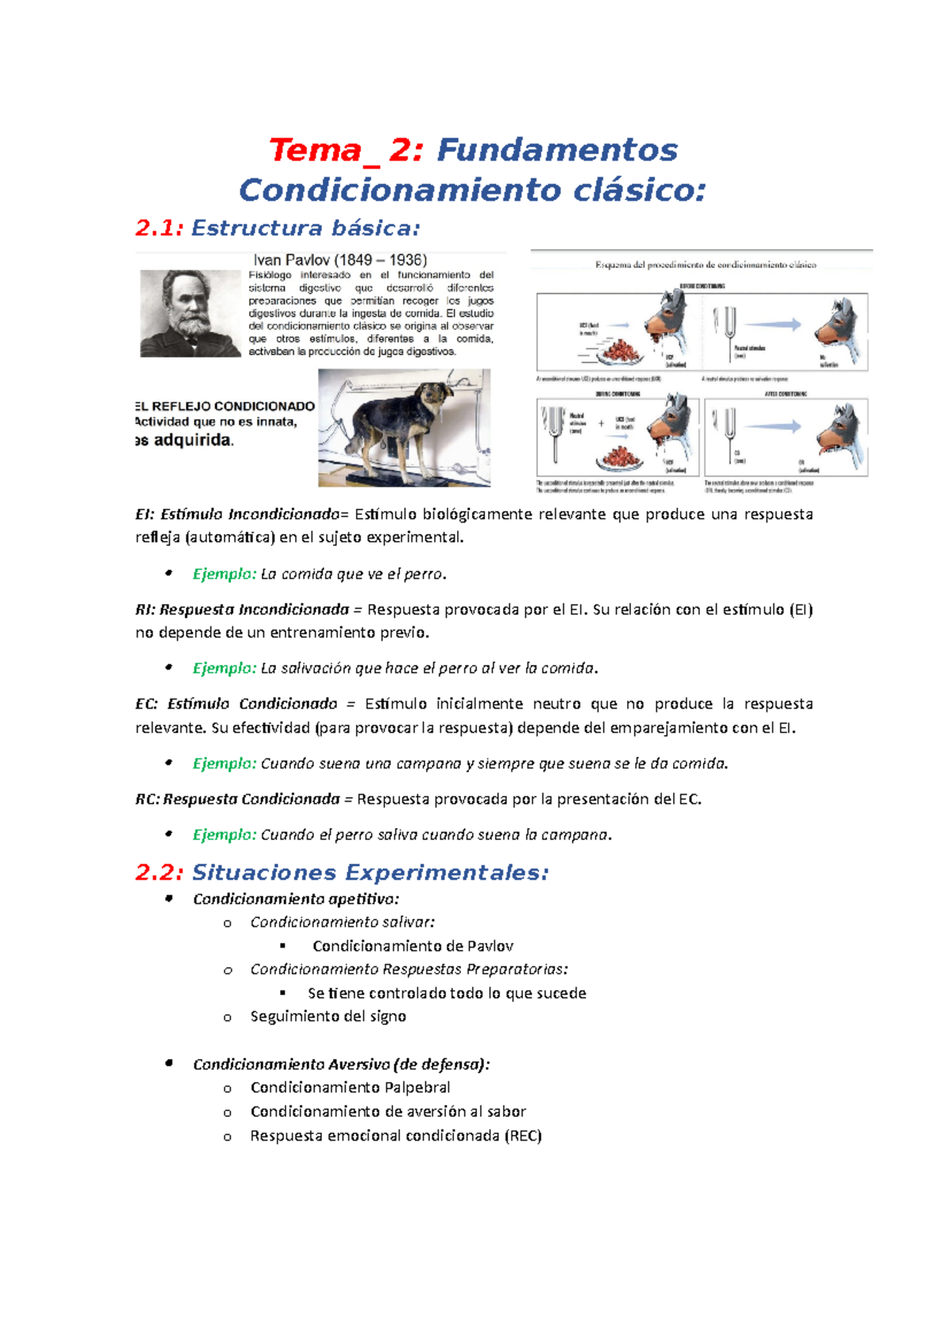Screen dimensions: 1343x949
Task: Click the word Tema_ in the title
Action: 324,150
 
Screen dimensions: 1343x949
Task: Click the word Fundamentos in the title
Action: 557,150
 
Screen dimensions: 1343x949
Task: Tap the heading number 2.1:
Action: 159,229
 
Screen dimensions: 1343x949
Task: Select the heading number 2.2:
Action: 159,872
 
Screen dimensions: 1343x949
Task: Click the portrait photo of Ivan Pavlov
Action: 191,313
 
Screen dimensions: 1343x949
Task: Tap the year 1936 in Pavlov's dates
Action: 407,260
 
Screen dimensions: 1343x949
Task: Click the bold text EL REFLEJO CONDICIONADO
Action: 225,406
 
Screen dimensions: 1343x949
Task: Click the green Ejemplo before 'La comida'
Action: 224,573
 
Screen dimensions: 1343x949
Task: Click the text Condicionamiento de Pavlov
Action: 413,946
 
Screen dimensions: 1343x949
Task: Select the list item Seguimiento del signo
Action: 328,1016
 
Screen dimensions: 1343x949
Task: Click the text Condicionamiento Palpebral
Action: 350,1088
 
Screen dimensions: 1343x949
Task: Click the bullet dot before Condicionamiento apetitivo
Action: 168,898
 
